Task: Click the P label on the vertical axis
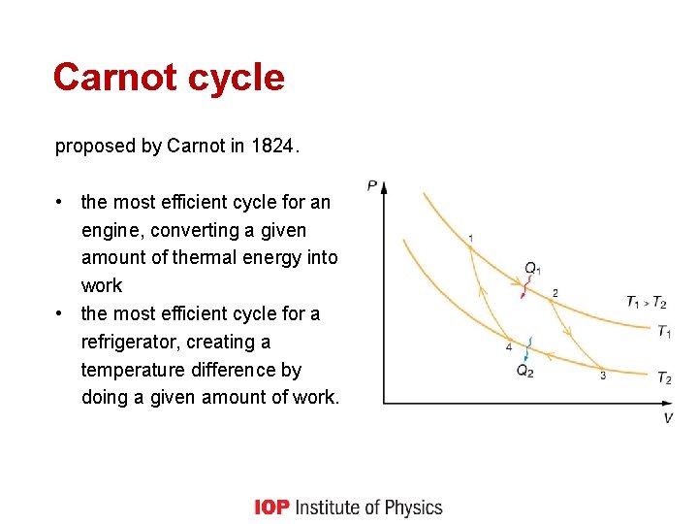pyautogui.click(x=373, y=184)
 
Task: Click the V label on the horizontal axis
pyautogui.click(x=668, y=417)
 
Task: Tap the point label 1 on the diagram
pyautogui.click(x=470, y=238)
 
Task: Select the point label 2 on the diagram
pyautogui.click(x=555, y=293)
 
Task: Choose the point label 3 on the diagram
pyautogui.click(x=602, y=376)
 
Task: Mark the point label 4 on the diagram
pyautogui.click(x=509, y=346)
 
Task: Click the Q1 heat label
pyautogui.click(x=532, y=268)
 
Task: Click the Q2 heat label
pyautogui.click(x=524, y=371)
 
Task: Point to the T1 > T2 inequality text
pyautogui.click(x=646, y=302)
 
